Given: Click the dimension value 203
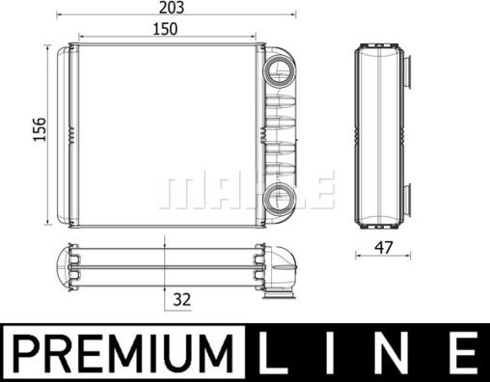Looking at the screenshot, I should click(x=174, y=8).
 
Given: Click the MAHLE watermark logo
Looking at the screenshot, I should click(x=245, y=191).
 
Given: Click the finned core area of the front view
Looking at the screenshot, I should click(x=164, y=135).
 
